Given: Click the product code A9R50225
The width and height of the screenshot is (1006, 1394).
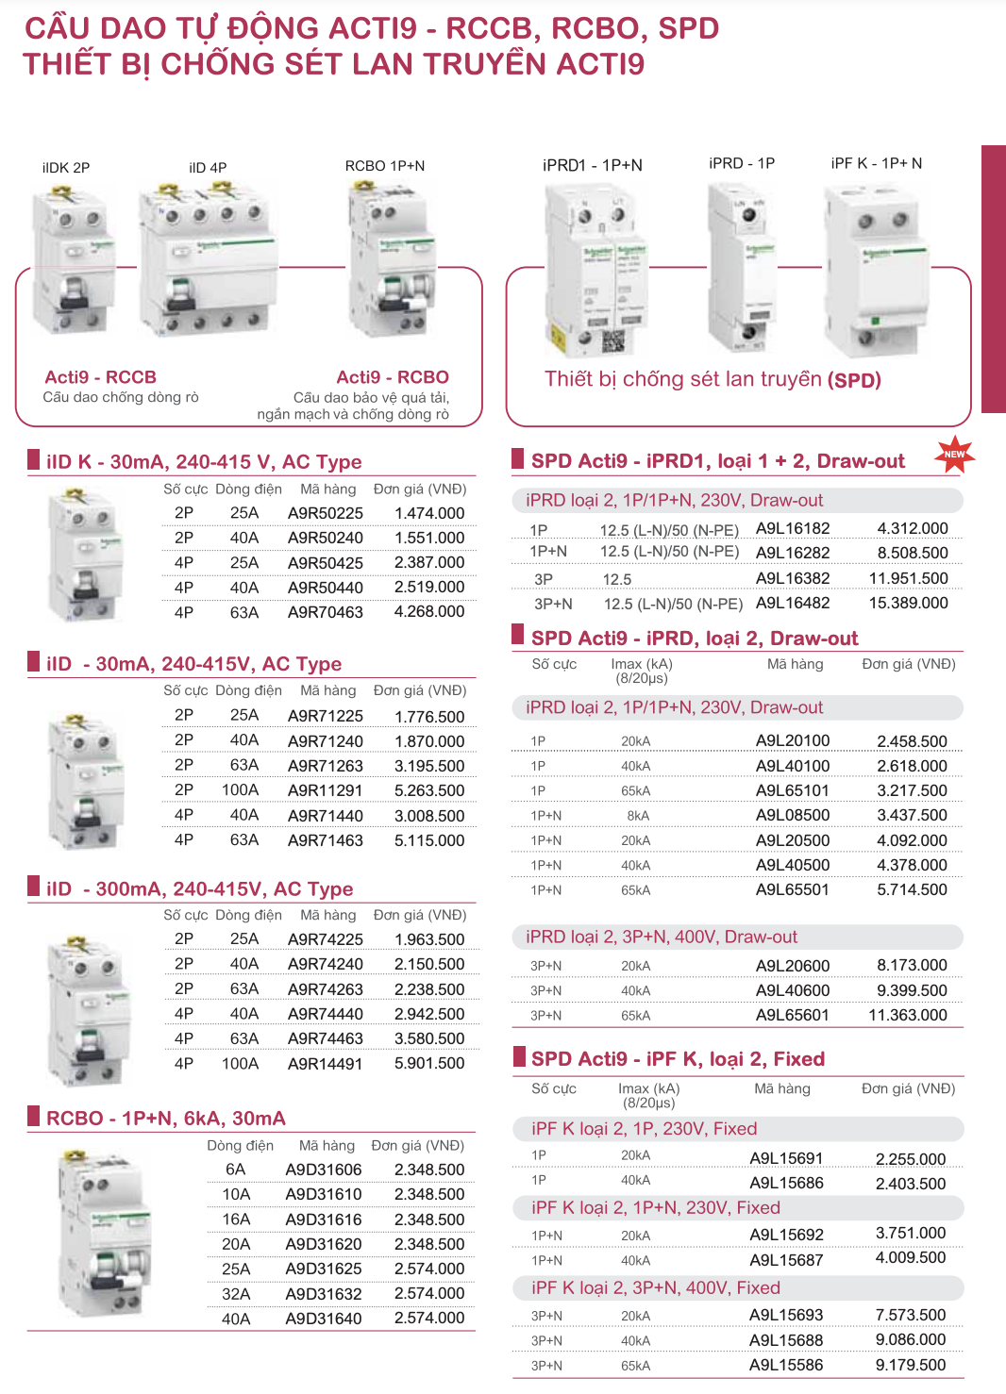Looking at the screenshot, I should pos(325,513).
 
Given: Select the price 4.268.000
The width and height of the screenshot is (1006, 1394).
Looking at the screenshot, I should pos(429,611).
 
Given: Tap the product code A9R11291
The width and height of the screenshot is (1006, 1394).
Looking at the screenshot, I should pos(325,790).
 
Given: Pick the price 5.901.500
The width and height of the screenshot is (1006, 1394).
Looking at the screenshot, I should pos(429,1063).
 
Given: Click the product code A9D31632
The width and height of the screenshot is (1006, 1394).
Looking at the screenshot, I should pos(323,1293).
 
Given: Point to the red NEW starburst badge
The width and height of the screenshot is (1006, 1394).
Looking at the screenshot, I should pos(955,455).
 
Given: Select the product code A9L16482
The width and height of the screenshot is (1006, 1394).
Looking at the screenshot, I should pos(793,603).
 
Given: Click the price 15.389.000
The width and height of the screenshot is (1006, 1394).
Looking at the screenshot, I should pos(908,603).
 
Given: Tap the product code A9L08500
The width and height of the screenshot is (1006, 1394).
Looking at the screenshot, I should pos(793,815).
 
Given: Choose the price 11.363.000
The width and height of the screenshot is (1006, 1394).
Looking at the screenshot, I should pos(908,1015).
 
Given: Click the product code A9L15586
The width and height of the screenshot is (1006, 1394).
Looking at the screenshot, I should pos(786,1365).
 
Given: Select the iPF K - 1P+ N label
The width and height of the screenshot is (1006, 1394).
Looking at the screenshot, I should pos(877,163).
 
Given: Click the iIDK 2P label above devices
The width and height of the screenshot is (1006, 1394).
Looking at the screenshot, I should pos(66,168).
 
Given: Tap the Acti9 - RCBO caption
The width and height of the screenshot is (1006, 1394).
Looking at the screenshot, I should pos(393,377).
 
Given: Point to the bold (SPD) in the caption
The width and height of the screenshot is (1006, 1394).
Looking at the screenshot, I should pos(854,380).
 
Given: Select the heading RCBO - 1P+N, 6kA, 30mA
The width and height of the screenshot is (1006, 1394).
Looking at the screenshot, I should pos(166,1119).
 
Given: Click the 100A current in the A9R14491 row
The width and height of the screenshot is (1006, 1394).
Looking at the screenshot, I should pos(240,1063).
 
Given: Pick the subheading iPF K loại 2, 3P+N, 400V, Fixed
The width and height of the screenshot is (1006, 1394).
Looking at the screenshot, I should pos(656,1288).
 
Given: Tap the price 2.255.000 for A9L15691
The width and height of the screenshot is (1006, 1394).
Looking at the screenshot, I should pos(910,1159).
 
